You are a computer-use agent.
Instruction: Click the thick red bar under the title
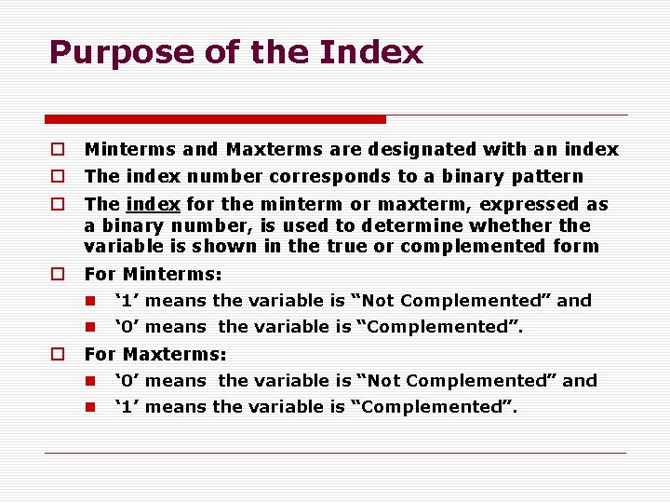(x=215, y=119)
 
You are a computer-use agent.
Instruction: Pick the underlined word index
(x=154, y=204)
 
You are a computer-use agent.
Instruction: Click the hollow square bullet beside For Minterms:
(x=58, y=274)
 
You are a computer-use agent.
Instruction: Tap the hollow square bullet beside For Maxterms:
(x=58, y=354)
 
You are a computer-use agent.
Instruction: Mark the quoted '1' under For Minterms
(x=127, y=301)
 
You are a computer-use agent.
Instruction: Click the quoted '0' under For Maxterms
(x=127, y=381)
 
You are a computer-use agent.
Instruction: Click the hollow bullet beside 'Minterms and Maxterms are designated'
(x=58, y=149)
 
